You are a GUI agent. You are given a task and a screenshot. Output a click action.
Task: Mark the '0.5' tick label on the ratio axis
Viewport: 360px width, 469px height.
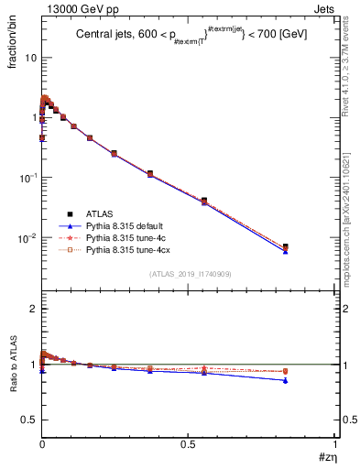(29, 419)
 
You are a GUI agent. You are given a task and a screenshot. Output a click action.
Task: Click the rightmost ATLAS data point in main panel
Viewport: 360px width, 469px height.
(285, 246)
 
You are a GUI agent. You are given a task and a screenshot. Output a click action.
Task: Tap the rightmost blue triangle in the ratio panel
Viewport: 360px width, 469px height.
(285, 380)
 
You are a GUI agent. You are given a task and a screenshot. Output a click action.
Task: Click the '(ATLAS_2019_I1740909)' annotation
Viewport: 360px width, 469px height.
(189, 275)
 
